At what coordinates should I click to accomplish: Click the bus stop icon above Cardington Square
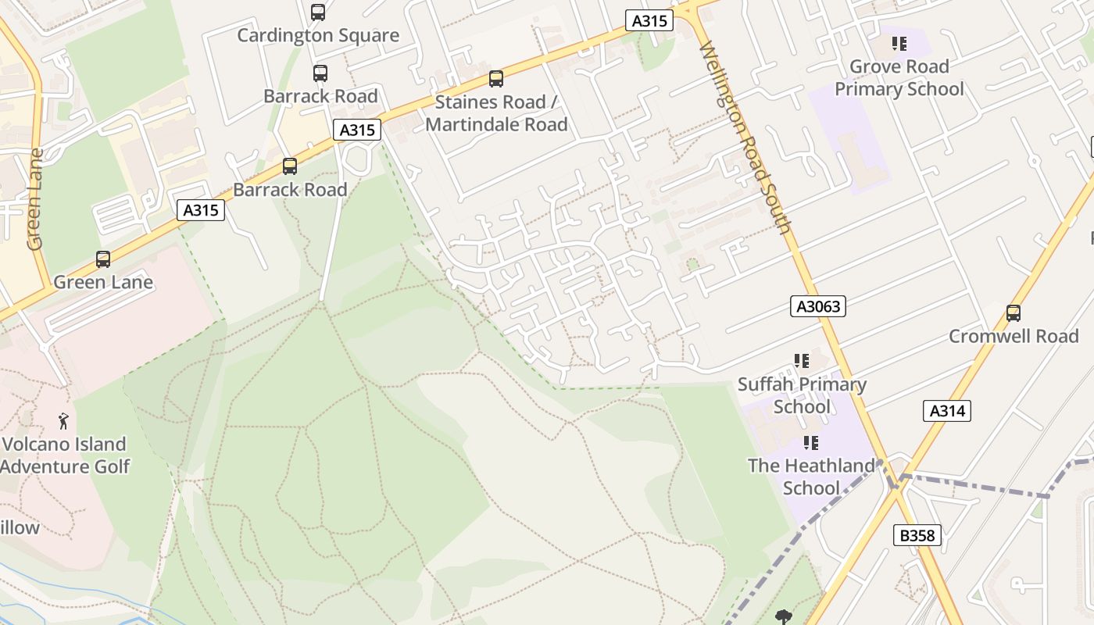click(x=317, y=12)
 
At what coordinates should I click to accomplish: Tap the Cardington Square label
click(x=318, y=35)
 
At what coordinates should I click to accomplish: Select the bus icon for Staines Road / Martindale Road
click(x=496, y=79)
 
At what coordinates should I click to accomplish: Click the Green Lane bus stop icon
click(x=103, y=259)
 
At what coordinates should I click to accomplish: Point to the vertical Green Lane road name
click(x=35, y=199)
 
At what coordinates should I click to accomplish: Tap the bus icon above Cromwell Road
click(x=1014, y=313)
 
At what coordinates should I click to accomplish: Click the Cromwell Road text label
click(x=1014, y=337)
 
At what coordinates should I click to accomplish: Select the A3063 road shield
click(x=818, y=306)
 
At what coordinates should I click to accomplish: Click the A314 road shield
click(x=947, y=411)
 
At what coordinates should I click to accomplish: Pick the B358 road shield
click(x=917, y=535)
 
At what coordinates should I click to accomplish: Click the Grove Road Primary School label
click(x=899, y=78)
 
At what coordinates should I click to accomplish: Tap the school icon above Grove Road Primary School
click(x=899, y=44)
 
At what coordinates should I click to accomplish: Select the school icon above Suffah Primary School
click(x=802, y=361)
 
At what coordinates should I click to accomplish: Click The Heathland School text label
click(x=811, y=477)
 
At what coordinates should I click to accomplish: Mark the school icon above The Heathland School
click(x=811, y=443)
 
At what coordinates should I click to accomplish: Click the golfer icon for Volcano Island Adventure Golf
click(x=64, y=422)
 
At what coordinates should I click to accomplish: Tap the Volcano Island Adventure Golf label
click(x=64, y=455)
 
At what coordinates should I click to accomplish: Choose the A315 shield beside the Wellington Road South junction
click(x=649, y=21)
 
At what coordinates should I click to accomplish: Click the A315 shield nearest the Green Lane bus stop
click(x=201, y=209)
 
